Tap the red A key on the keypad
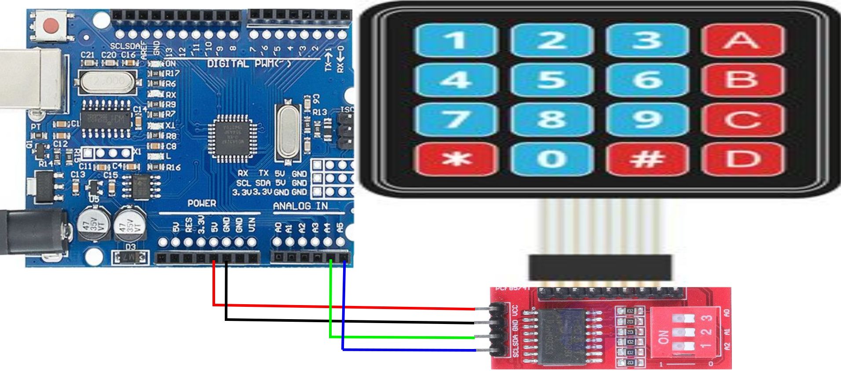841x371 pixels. [x=742, y=40]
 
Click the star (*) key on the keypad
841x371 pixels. [x=457, y=159]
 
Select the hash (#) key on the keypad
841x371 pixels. [x=647, y=159]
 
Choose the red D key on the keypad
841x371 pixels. [x=742, y=159]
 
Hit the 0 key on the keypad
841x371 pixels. [x=552, y=159]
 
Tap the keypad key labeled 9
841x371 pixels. [x=647, y=119]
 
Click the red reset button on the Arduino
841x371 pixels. [x=52, y=25]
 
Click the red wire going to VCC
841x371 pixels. [x=352, y=307]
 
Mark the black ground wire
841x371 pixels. [x=352, y=321]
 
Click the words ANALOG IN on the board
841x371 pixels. [x=300, y=206]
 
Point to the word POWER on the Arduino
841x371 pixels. [x=202, y=203]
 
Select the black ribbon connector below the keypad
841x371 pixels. [x=600, y=267]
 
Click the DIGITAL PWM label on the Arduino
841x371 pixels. [x=249, y=64]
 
